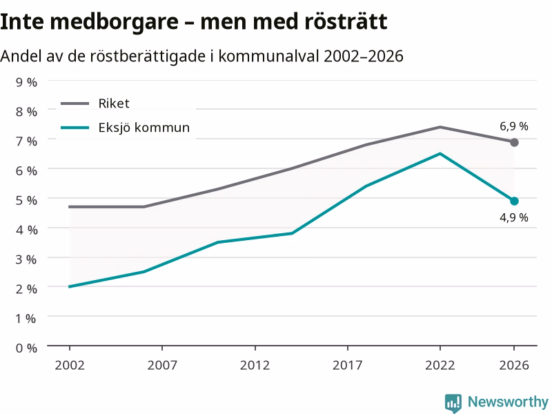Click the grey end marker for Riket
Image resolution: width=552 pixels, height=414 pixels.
pos(514,142)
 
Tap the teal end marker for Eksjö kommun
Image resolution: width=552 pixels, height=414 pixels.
pos(514,201)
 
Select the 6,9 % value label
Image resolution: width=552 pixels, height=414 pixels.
pos(514,126)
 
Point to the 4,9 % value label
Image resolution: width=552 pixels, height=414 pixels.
pos(514,217)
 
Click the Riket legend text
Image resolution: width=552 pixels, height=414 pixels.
pos(114,103)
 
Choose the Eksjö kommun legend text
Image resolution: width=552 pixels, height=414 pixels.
pos(144,127)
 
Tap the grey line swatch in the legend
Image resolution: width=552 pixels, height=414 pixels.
pos(75,103)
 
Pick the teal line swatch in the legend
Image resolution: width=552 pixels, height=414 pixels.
pos(75,128)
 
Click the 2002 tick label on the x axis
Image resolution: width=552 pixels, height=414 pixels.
pos(70,365)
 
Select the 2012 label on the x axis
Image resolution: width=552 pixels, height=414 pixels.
pos(255,365)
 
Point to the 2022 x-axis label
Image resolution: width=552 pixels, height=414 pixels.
pos(440,365)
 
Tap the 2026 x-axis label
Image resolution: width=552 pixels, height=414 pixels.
pos(514,365)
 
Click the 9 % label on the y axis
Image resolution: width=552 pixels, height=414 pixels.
pos(26,82)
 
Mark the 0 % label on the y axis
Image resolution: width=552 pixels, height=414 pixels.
pos(26,348)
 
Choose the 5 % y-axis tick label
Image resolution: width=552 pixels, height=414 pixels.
pos(26,200)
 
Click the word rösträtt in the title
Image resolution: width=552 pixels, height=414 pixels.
pos(346,21)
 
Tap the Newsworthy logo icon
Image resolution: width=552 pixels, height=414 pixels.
pos(453,403)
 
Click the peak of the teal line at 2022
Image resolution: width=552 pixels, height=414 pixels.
pos(440,154)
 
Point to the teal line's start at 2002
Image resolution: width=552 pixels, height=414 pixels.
pos(70,286)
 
